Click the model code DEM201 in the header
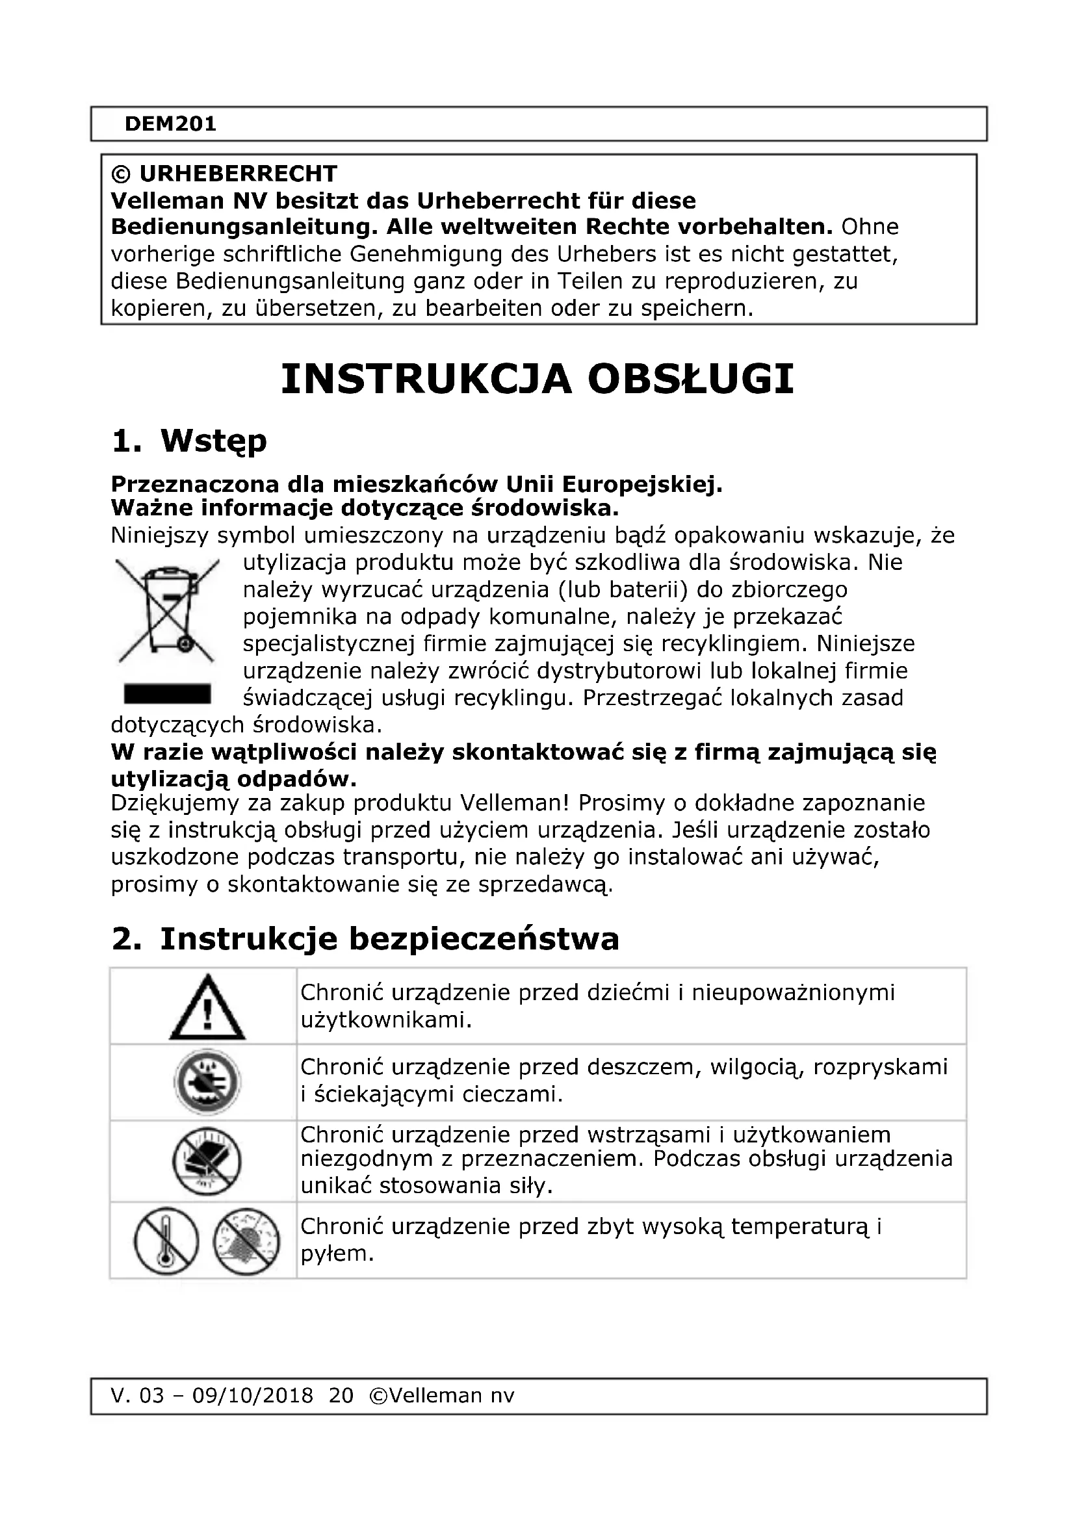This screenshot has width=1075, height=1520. point(170,124)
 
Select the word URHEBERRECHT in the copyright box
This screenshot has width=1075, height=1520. point(239,174)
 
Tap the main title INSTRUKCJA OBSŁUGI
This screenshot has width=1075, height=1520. point(537,380)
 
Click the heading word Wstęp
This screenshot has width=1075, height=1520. point(213,441)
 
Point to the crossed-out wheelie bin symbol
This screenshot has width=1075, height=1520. point(168,610)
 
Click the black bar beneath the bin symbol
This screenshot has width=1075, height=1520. point(168,694)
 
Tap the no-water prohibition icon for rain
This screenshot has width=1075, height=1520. point(207,1083)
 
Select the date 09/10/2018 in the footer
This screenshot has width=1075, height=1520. point(252,1395)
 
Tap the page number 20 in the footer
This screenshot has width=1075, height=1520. point(341,1395)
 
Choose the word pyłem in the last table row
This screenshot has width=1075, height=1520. point(337,1253)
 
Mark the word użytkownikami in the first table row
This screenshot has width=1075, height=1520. point(385,1020)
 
